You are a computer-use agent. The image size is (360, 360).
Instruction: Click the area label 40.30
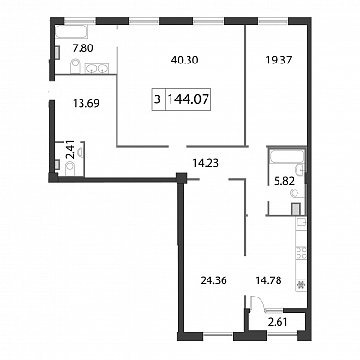[185, 60]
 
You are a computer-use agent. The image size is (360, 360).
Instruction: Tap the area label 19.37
[279, 60]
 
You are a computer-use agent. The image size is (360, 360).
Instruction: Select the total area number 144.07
[188, 99]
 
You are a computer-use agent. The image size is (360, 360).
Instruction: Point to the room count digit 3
[157, 99]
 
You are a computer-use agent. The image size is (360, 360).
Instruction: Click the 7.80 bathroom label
[83, 48]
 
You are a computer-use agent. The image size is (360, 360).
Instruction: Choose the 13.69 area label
[86, 103]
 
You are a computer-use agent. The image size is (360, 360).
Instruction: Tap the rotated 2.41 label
[71, 150]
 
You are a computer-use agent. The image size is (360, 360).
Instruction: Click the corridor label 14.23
[206, 163]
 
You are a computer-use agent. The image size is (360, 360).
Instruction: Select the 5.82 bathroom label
[284, 181]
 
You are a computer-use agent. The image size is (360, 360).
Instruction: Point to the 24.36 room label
[214, 280]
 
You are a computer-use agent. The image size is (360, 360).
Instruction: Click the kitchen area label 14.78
[268, 279]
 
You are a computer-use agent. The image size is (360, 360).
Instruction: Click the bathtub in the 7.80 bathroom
[71, 31]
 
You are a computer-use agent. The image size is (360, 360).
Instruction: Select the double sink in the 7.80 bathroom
[97, 68]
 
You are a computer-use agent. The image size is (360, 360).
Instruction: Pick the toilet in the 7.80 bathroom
[75, 66]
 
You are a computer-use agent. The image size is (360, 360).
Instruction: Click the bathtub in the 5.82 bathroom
[286, 156]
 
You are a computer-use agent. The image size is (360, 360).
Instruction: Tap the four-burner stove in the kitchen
[301, 253]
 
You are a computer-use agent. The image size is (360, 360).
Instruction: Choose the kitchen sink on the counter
[301, 222]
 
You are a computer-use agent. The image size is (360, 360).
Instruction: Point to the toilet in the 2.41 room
[70, 168]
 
